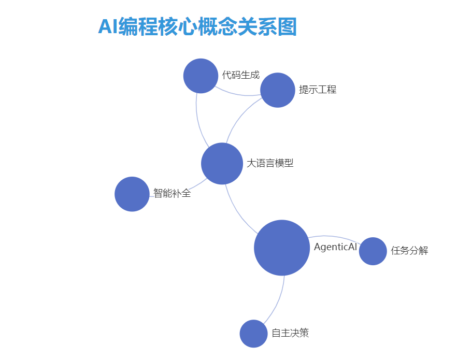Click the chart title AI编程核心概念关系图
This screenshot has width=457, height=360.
(197, 26)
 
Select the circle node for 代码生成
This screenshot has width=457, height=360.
(201, 76)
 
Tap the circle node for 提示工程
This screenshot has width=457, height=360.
(277, 90)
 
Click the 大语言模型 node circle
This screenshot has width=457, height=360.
(222, 164)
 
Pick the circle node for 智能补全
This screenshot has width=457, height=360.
(132, 194)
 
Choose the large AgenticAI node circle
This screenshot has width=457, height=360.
(282, 248)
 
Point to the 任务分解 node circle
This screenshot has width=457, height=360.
(373, 251)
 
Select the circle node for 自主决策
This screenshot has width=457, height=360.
(253, 334)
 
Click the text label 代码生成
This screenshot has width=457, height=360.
(240, 75)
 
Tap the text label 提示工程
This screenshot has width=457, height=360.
(318, 90)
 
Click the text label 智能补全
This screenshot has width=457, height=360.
(172, 194)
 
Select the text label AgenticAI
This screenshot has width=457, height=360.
(335, 247)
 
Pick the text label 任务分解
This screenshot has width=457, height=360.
(409, 251)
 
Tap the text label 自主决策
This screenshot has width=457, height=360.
(290, 333)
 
